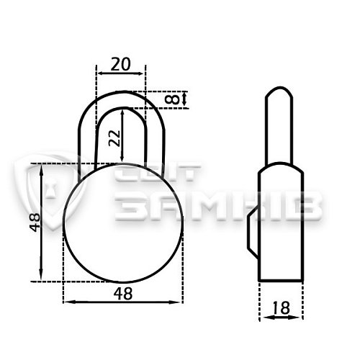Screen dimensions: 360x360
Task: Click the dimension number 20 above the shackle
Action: click(120, 64)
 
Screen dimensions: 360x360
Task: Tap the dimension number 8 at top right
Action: click(172, 99)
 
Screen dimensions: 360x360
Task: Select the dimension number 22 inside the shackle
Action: click(114, 138)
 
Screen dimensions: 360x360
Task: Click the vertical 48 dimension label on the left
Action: click(35, 222)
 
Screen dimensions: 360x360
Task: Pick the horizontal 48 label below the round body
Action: click(123, 293)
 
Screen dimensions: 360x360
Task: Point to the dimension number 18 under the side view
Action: click(282, 308)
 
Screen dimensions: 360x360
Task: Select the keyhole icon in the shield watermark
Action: click(51, 189)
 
